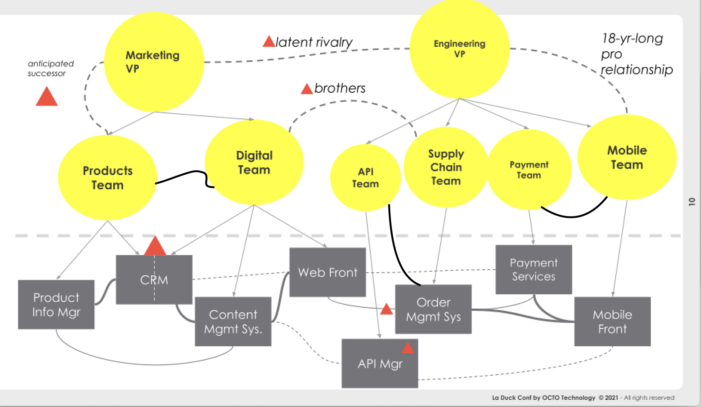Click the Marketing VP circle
[154, 62]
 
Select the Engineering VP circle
[459, 49]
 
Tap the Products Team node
[108, 178]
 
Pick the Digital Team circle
[254, 163]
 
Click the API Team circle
[365, 178]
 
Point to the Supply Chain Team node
[446, 167]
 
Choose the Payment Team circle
[529, 170]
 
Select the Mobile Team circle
[627, 157]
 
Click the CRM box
[154, 280]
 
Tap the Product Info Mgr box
[56, 304]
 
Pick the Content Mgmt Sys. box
[233, 321]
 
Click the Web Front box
[327, 272]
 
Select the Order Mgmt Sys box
[433, 309]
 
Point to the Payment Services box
[533, 269]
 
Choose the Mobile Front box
[612, 321]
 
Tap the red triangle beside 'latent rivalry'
[269, 41]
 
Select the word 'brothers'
[340, 88]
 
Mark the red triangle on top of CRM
[155, 246]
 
